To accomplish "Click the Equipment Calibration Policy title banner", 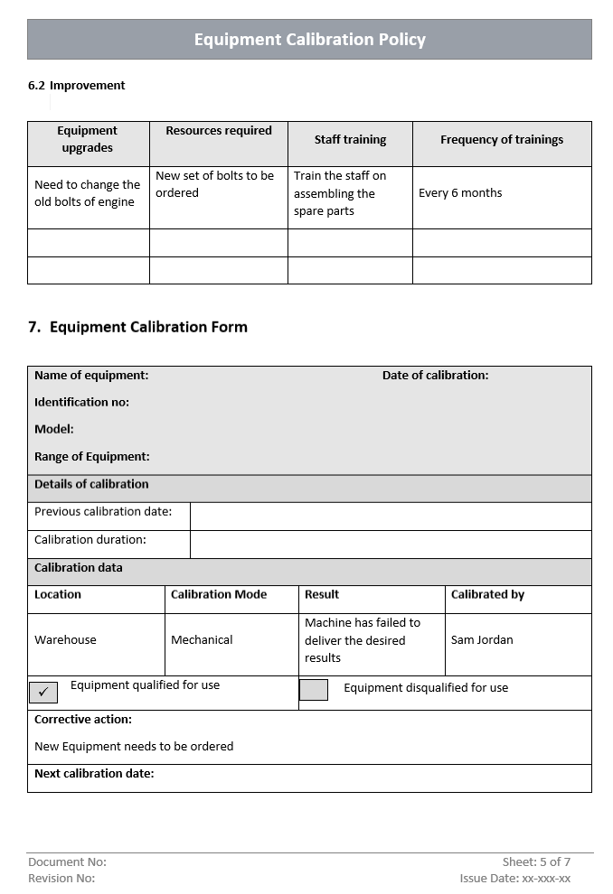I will pos(309,40).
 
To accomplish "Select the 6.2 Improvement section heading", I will pos(77,86).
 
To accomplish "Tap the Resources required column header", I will pos(219,131).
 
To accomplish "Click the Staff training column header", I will pos(350,140).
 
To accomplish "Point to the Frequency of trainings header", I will pos(502,140).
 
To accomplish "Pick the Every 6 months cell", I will pos(460,193).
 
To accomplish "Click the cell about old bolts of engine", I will pos(87,193).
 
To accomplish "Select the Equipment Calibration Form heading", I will pos(137,327).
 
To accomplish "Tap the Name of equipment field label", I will pos(91,376).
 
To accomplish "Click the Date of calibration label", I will pos(435,376).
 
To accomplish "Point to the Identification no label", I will pos(81,403).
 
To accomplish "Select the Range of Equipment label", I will pos(92,457).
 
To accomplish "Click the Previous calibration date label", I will pos(103,512).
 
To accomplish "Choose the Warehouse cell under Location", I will pos(65,640).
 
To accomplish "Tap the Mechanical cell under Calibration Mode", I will pos(202,640).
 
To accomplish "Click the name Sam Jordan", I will pos(482,640).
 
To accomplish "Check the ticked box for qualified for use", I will pos(43,693).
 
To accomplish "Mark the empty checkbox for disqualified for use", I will pos(314,690).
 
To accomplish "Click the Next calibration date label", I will pos(94,774).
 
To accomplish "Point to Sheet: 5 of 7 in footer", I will pos(536,862).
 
